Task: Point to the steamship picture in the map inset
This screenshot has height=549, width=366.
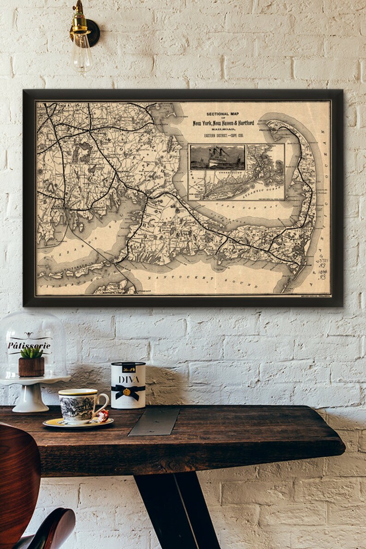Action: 218,157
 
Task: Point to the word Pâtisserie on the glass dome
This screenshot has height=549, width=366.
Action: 29,345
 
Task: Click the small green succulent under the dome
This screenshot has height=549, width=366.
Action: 31,353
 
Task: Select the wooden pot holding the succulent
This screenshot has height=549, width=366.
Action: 31,367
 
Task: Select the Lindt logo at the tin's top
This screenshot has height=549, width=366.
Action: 128,367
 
